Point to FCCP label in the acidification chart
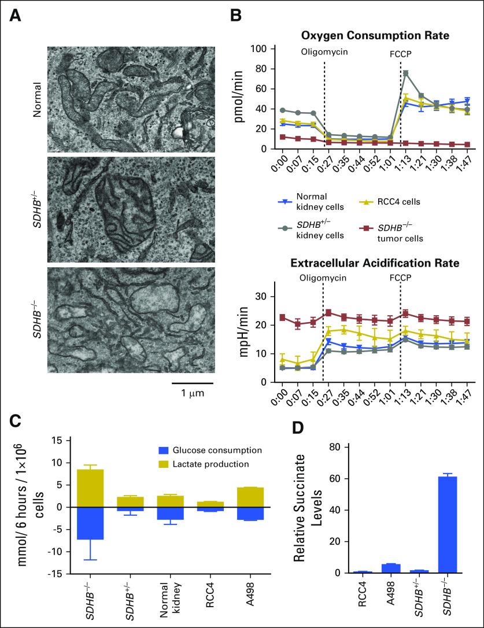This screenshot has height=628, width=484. tap(400, 278)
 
